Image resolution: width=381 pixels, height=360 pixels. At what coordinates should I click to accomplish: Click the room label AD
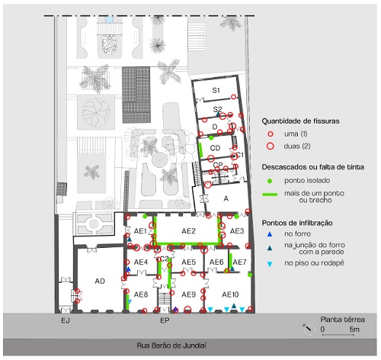point(100,281)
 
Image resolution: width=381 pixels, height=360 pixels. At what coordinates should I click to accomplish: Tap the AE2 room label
point(188,231)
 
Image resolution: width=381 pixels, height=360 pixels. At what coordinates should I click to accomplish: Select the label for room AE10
point(230,294)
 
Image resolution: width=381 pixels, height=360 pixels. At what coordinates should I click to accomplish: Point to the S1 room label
point(216,90)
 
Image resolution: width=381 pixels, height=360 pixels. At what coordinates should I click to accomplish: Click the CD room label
point(215,148)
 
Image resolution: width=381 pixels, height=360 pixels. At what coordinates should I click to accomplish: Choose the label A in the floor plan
point(226,198)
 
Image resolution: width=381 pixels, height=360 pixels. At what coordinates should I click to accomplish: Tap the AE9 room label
point(188,294)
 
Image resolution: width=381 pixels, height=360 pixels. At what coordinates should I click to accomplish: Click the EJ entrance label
point(66,320)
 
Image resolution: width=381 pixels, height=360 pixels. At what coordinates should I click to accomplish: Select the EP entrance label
point(165,320)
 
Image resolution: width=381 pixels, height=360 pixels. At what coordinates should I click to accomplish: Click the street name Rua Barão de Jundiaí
point(171,346)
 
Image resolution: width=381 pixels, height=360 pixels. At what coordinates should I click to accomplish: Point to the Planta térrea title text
point(342,320)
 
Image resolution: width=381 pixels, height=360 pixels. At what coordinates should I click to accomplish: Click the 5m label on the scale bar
point(354,329)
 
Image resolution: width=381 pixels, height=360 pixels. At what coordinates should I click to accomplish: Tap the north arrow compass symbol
point(308,329)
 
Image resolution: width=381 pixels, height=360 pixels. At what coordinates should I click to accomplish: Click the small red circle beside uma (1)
point(271,133)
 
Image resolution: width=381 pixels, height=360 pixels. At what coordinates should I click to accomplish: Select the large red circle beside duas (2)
point(271,146)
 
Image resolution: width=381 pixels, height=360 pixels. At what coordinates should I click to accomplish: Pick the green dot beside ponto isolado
point(270,181)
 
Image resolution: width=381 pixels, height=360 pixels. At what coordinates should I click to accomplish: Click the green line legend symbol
point(270,194)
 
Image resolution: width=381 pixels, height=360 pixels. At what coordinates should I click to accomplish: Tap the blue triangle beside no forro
point(270,234)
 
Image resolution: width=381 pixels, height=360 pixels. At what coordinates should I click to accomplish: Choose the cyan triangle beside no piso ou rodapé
point(270,264)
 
